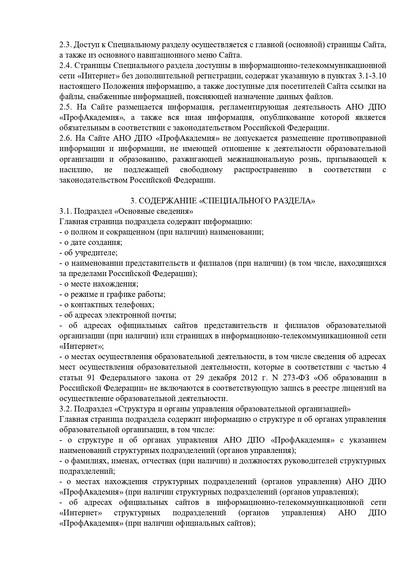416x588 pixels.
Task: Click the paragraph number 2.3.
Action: [65, 45]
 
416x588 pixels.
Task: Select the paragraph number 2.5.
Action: [65, 107]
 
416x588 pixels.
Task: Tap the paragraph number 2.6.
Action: [65, 138]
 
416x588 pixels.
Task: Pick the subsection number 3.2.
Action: [65, 409]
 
